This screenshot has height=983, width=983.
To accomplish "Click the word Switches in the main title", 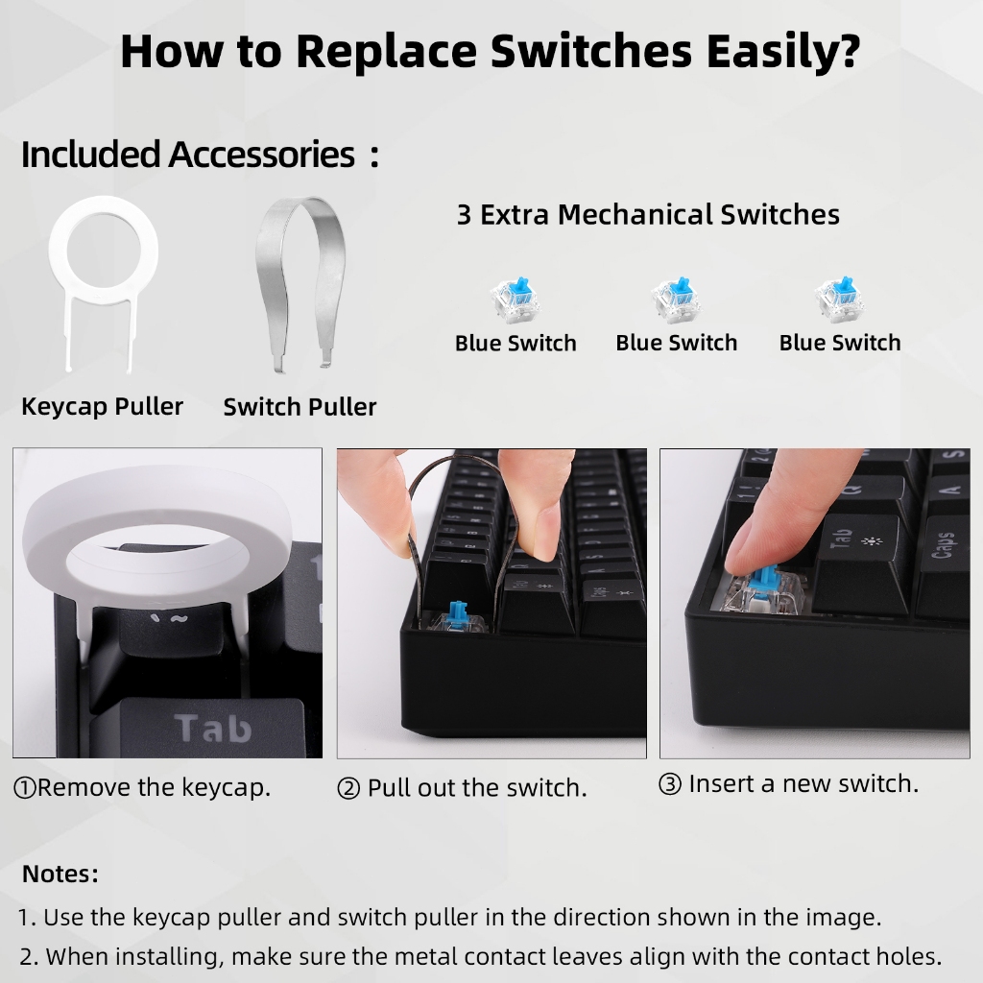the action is click(x=591, y=51).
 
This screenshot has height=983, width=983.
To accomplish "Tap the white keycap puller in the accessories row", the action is click(x=66, y=251).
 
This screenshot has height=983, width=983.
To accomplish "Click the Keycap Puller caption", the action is click(x=102, y=406).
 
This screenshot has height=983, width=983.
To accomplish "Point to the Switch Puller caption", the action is click(x=300, y=407).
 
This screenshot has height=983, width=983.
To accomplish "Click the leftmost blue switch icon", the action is click(x=515, y=300).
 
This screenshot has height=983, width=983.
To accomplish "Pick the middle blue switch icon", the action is click(x=677, y=300).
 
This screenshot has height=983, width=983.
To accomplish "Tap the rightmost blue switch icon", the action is click(x=839, y=300).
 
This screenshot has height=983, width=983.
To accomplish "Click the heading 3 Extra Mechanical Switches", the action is click(x=648, y=214).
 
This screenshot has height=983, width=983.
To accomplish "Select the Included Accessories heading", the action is click(x=188, y=155).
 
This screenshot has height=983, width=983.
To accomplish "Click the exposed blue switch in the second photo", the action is click(x=458, y=617).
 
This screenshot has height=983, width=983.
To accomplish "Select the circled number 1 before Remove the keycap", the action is click(x=25, y=788).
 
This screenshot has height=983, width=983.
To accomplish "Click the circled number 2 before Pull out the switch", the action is click(x=348, y=788).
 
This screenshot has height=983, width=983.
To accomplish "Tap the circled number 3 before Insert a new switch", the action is click(x=670, y=783).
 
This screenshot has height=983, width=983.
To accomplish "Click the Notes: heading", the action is click(x=60, y=874).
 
